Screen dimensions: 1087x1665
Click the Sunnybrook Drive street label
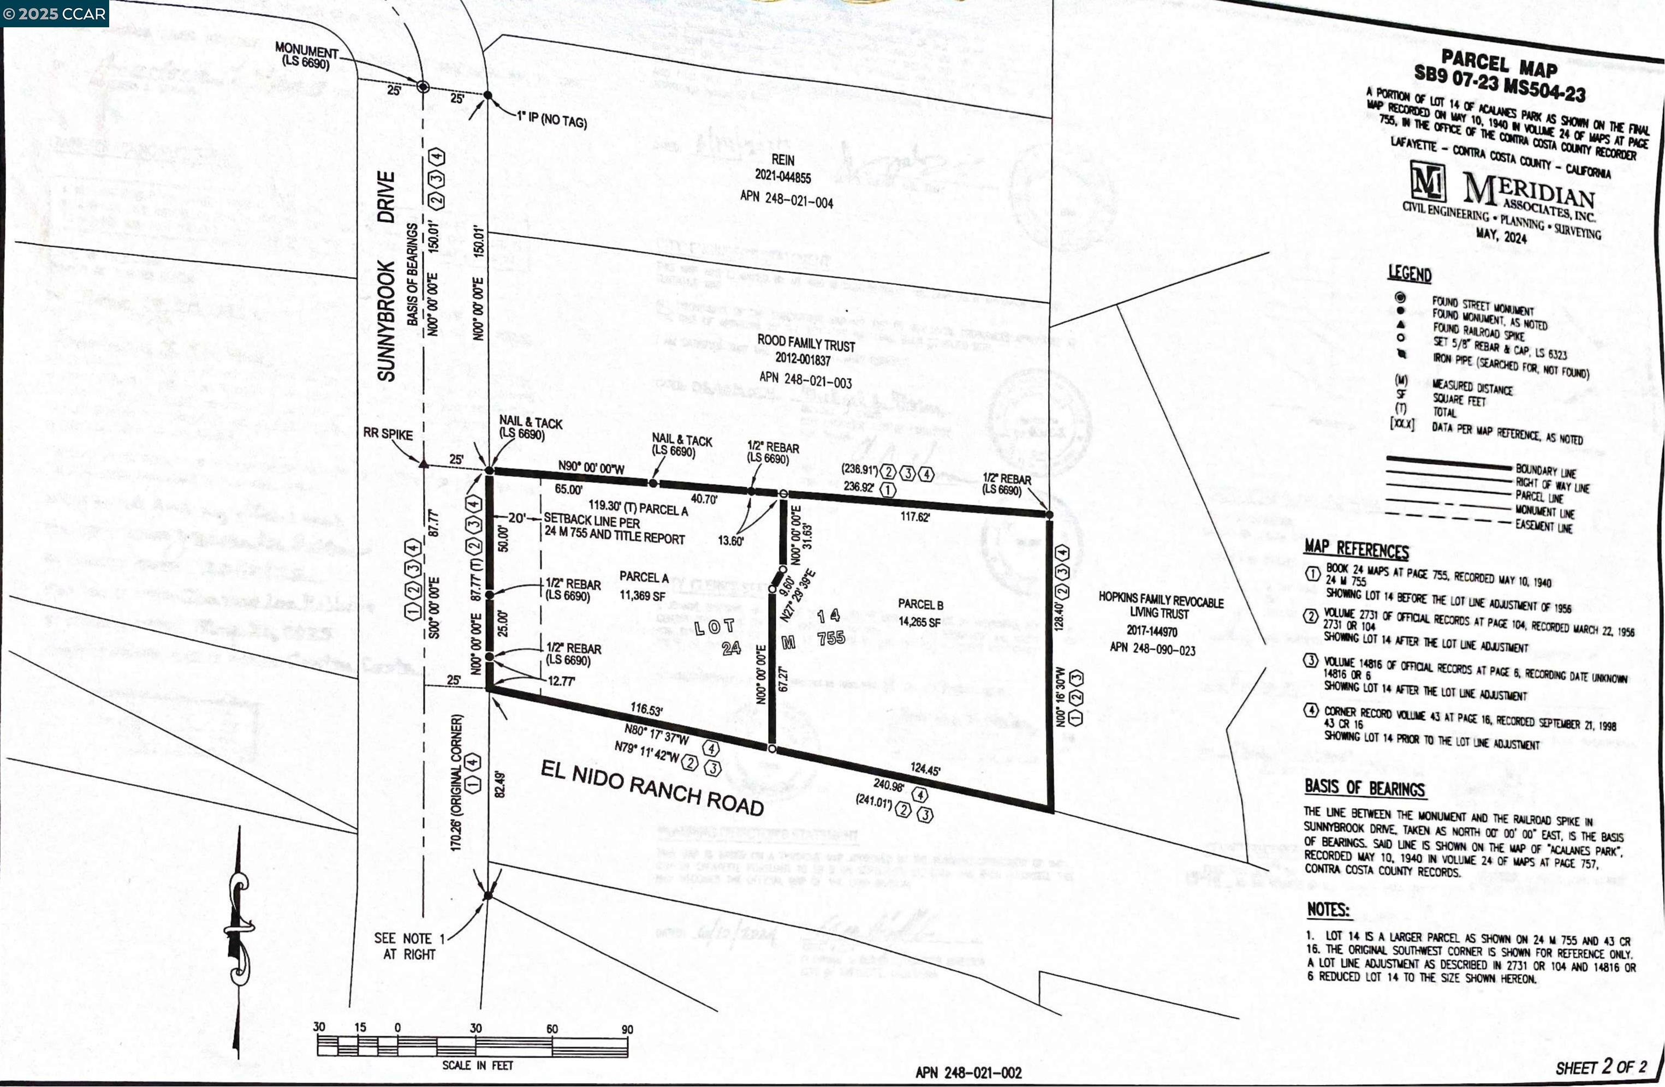(x=385, y=276)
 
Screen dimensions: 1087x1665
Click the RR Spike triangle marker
(x=423, y=463)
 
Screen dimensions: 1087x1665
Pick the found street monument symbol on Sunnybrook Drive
(x=423, y=87)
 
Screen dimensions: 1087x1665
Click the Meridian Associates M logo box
(x=1427, y=181)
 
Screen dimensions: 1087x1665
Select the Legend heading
(x=1410, y=273)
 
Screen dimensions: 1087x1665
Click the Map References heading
(x=1356, y=549)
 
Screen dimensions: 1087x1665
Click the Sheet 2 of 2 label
(x=1600, y=1067)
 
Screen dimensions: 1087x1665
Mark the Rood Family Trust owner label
(x=806, y=343)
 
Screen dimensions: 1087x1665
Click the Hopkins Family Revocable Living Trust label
(x=1161, y=606)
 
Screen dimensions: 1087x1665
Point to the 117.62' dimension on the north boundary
(x=914, y=516)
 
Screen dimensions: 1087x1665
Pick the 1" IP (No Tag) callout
(x=551, y=120)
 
